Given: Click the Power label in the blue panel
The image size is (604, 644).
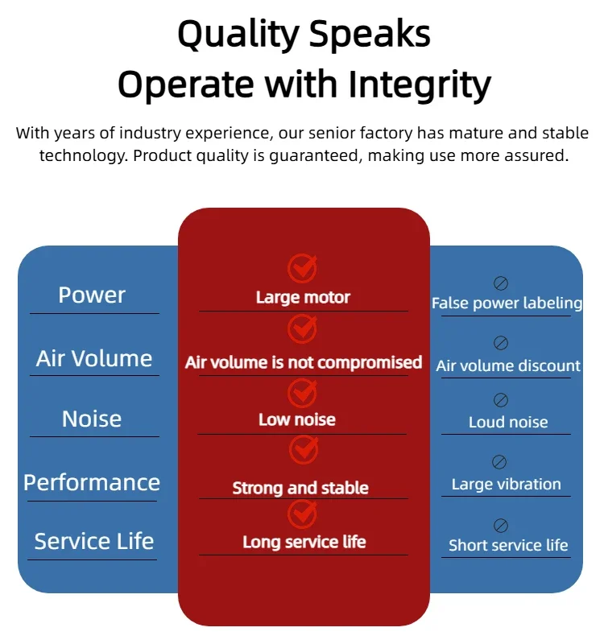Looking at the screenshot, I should click(92, 295).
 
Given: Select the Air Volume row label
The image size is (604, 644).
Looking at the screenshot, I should click(94, 359).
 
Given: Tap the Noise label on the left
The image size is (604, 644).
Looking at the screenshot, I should click(92, 419).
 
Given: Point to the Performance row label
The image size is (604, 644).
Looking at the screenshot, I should click(92, 483).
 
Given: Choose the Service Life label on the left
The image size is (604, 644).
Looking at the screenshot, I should click(93, 542).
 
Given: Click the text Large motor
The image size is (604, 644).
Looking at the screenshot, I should click(303, 298).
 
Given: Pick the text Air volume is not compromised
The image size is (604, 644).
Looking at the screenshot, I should click(304, 362).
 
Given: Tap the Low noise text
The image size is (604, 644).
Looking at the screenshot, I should click(297, 419).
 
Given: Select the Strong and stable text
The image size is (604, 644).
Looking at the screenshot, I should click(300, 488).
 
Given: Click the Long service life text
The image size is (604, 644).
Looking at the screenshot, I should click(304, 542).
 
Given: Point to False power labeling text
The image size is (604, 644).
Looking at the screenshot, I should click(507, 303).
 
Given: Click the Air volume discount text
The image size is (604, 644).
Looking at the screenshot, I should click(508, 366).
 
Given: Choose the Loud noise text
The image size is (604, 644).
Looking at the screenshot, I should click(508, 423).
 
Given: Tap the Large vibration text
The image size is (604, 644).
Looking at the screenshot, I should click(507, 485).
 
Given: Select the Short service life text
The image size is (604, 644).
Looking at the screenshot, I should click(508, 546).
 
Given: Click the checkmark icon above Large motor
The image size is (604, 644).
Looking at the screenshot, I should click(303, 267).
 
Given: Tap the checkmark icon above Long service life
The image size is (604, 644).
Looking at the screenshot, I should click(303, 513).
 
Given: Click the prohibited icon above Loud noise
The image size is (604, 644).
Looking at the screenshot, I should click(500, 400).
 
